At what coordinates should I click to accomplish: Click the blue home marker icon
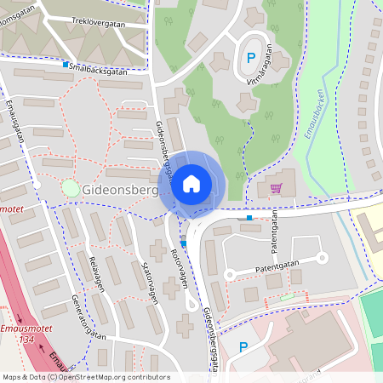(191, 184)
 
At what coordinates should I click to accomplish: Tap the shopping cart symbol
(275, 188)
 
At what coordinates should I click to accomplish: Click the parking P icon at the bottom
(243, 347)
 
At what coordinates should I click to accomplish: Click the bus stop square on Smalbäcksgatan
(66, 64)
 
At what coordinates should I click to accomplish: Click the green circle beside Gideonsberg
(70, 188)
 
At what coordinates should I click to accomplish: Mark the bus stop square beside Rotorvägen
(183, 243)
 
